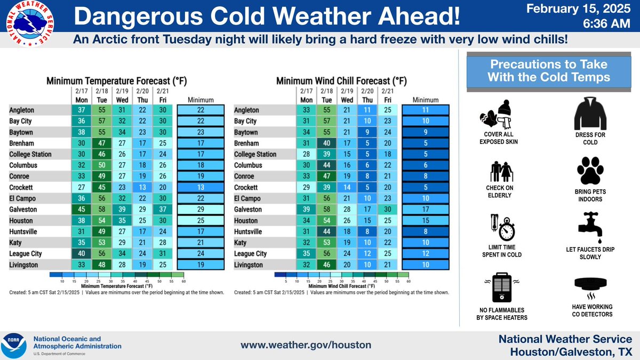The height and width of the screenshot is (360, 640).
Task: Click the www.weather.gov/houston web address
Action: [306, 345]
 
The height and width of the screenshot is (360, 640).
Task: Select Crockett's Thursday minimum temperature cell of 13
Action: [142, 187]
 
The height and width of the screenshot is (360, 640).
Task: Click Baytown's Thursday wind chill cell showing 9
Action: [367, 132]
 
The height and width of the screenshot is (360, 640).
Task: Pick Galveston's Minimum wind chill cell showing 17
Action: [426, 210]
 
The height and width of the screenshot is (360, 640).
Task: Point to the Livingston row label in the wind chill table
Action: [249, 265]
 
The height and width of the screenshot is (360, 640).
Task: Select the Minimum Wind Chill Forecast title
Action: [341, 81]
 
